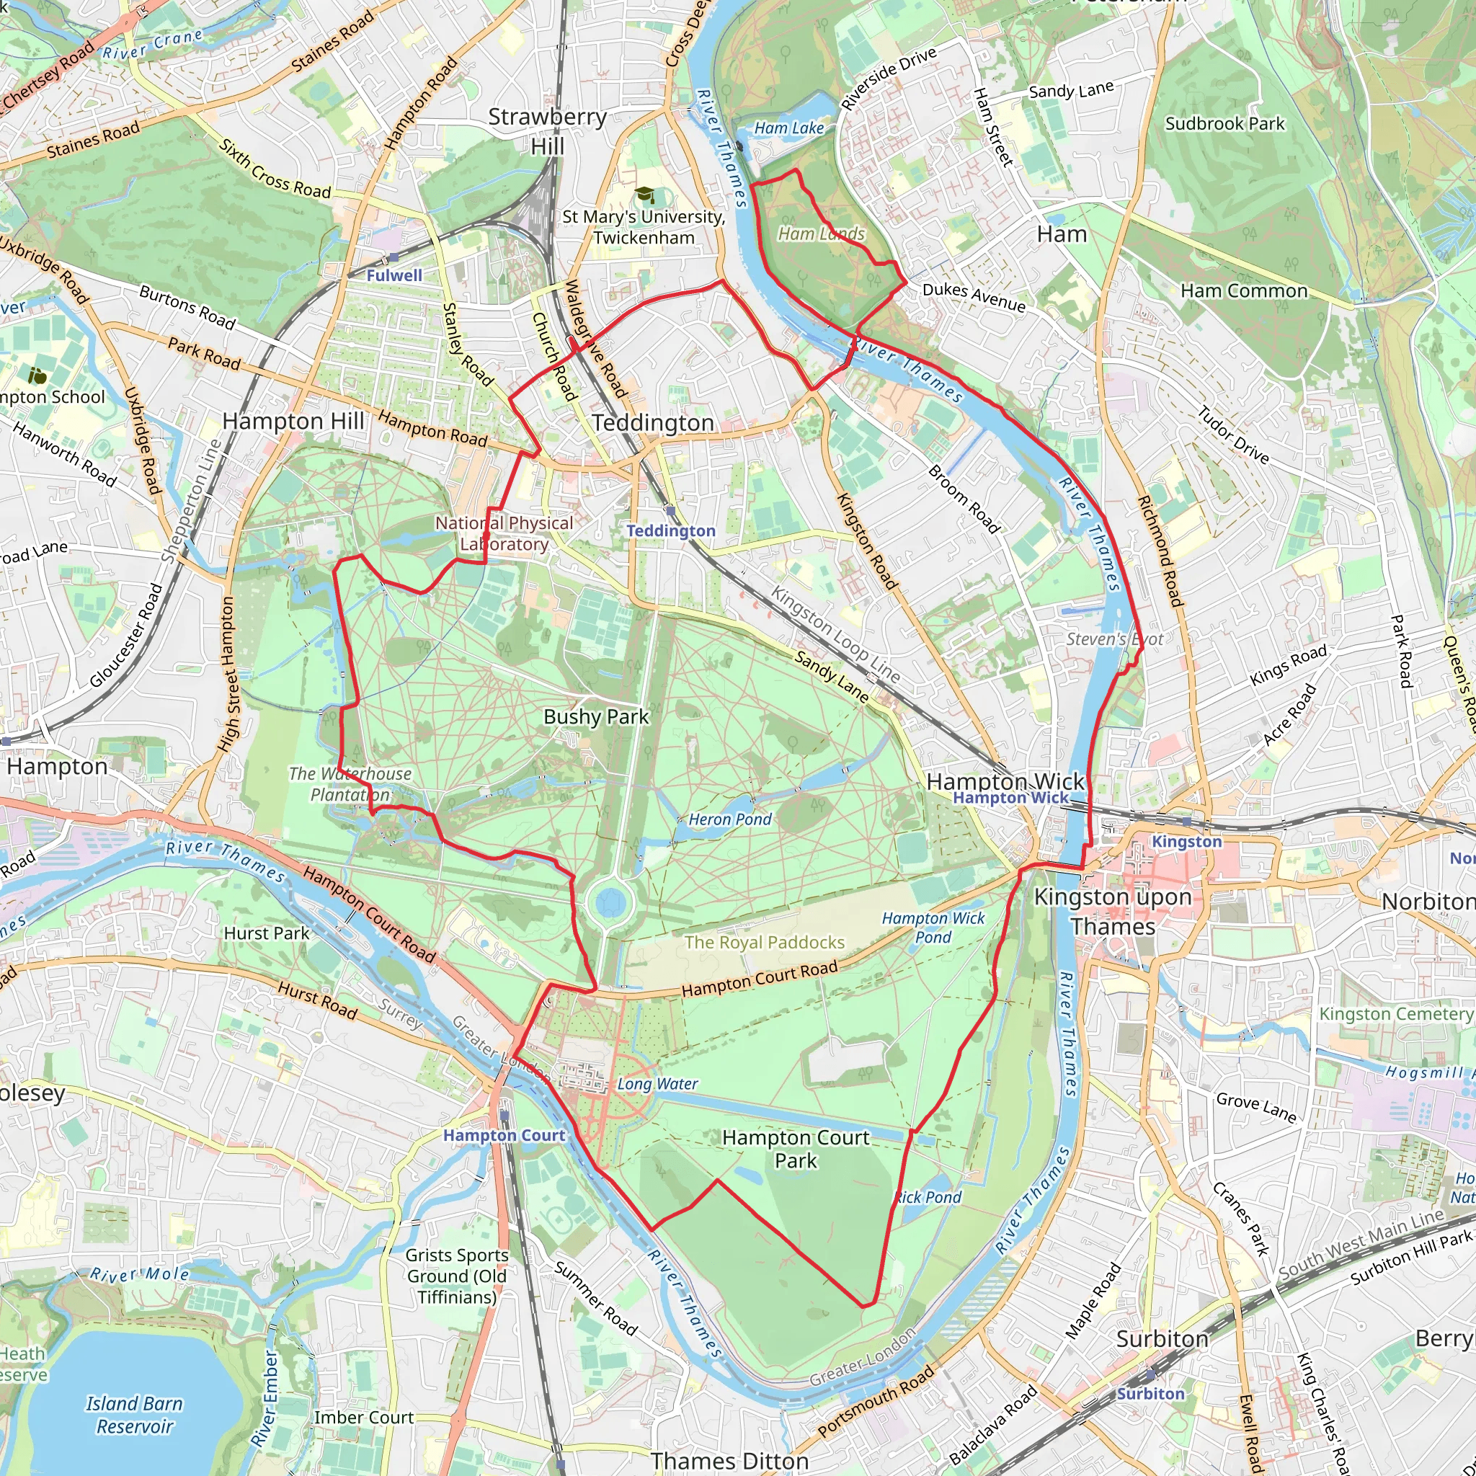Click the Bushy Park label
(596, 716)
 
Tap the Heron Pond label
(729, 819)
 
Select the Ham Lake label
(788, 128)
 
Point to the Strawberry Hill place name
(547, 131)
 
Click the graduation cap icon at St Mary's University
(644, 195)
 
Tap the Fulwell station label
(394, 276)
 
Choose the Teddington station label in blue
(671, 531)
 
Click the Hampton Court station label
(504, 1135)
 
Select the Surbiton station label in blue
(1150, 1394)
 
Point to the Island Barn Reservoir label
(135, 1415)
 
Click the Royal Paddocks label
(764, 942)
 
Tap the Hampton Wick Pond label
(933, 928)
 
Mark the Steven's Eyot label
(1115, 639)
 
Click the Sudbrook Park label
(1224, 124)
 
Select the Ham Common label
(1244, 291)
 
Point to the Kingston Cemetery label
(1395, 1014)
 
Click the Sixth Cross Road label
(275, 169)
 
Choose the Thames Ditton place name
(729, 1461)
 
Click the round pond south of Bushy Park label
(610, 902)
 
